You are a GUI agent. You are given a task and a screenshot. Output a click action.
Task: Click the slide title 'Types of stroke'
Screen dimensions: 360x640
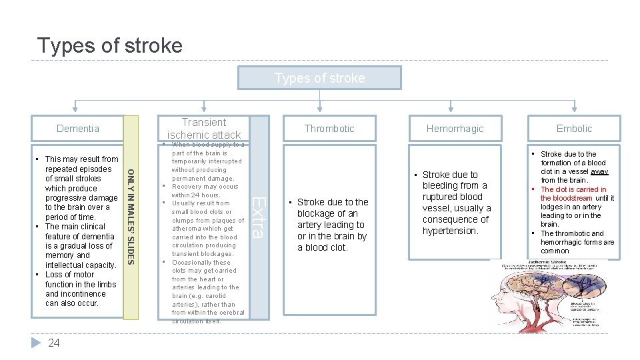109,45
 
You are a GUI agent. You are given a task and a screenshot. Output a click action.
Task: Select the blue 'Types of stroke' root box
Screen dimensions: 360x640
320,78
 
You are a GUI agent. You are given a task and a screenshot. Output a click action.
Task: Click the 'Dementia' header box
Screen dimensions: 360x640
78,129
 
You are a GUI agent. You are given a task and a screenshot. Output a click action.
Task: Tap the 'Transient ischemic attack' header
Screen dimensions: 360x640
204,128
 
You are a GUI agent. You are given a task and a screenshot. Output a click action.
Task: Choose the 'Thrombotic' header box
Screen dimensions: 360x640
329,129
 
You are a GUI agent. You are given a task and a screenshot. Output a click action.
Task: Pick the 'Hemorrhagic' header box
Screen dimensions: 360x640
455,129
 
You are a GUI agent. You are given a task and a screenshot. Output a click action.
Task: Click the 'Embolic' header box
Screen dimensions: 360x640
574,129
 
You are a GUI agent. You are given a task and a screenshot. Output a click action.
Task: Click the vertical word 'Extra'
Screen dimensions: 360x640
261,216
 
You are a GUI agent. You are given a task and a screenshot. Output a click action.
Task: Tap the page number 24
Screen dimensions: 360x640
54,343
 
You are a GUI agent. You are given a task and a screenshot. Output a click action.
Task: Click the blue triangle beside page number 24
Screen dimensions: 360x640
37,343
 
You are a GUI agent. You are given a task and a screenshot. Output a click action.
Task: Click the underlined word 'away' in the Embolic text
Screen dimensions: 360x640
599,171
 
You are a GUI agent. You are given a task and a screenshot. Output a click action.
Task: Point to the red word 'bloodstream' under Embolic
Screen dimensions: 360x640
566,198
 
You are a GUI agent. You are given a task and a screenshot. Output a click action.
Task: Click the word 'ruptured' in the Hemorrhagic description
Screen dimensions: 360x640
443,197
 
